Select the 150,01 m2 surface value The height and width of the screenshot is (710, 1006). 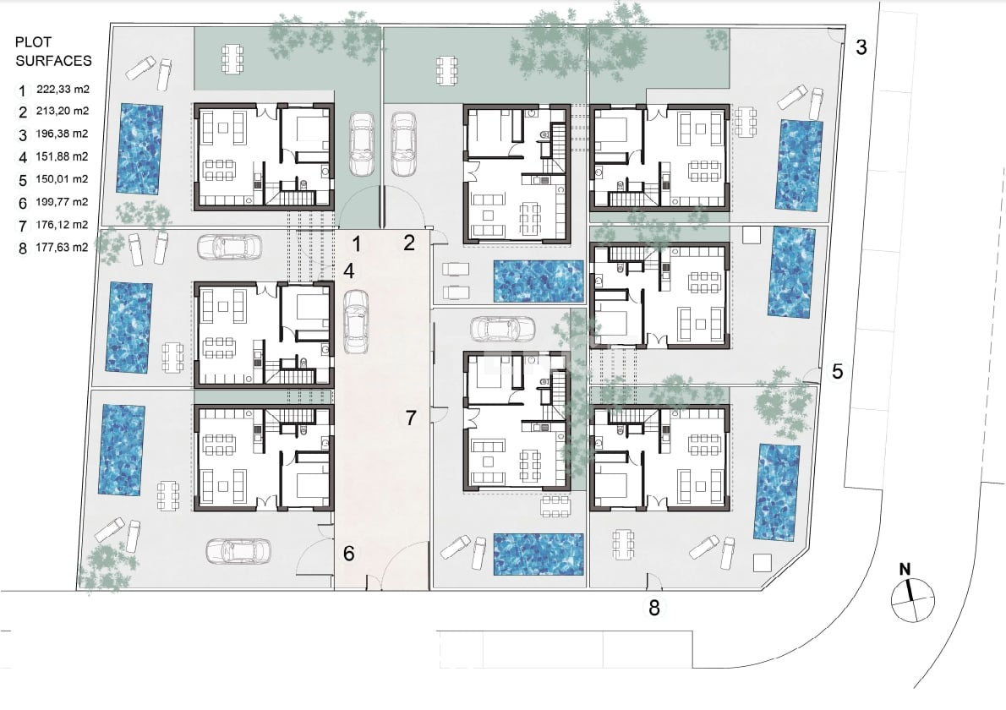pos(63,179)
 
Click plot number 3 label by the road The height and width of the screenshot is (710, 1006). pos(861,47)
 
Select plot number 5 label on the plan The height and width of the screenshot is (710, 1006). pos(837,371)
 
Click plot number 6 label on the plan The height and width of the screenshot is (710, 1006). pos(348,554)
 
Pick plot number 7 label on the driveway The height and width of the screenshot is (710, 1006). pos(411,418)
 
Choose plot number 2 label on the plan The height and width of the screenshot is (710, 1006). pos(409,243)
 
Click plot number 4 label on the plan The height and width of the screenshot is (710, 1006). pos(348,271)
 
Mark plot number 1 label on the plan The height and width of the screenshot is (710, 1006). pos(357,244)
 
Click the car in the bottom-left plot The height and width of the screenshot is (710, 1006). pos(238,550)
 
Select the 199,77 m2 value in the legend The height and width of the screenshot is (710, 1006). pos(63,202)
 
